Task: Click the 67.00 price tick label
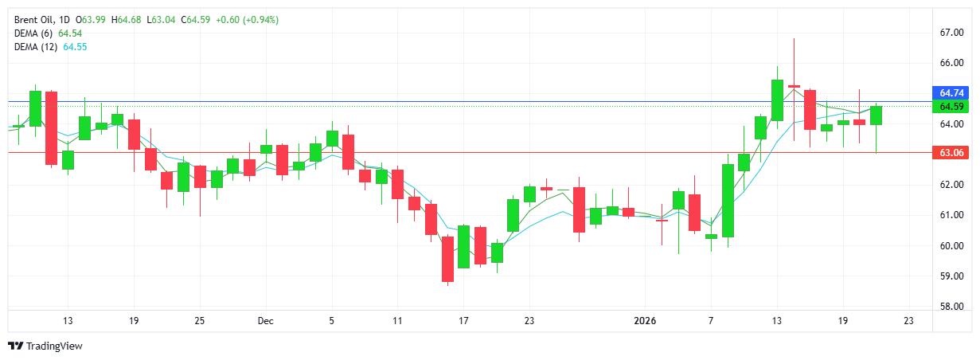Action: pyautogui.click(x=951, y=33)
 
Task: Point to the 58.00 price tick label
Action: pyautogui.click(x=951, y=307)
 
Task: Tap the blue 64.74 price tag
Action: pyautogui.click(x=952, y=93)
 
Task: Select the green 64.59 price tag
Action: pyautogui.click(x=952, y=107)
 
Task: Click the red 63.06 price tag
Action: pyautogui.click(x=952, y=152)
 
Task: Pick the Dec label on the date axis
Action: pyautogui.click(x=265, y=321)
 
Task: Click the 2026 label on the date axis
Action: pyautogui.click(x=645, y=321)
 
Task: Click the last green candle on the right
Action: pyautogui.click(x=876, y=115)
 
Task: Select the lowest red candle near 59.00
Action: pyautogui.click(x=448, y=259)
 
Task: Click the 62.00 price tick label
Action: pyautogui.click(x=951, y=185)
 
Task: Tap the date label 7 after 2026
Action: pyautogui.click(x=710, y=321)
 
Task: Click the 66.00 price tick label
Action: pyautogui.click(x=951, y=63)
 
